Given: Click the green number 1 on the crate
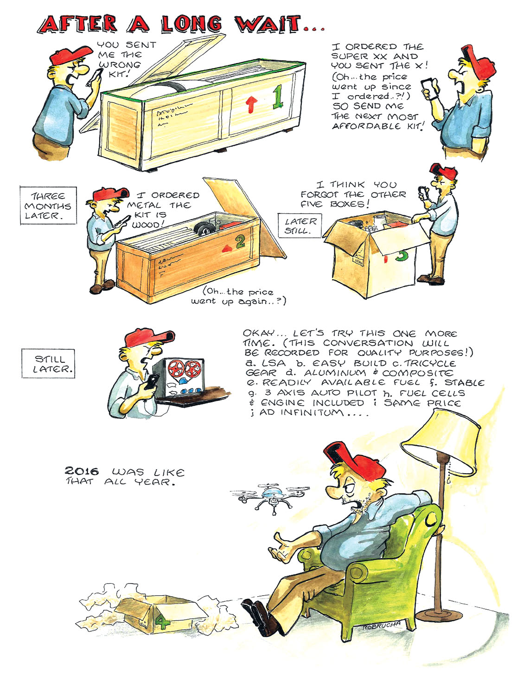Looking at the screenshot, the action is (278, 97).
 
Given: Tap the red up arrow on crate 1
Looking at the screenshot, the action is (251, 104).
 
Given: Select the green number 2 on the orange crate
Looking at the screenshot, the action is (241, 242).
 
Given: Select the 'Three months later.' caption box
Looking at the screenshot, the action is (49, 206).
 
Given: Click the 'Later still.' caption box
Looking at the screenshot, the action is (300, 226).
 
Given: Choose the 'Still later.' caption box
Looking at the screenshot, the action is (49, 364).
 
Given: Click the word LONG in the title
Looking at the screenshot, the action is (192, 24).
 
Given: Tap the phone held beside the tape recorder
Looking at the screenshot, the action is (151, 382).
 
